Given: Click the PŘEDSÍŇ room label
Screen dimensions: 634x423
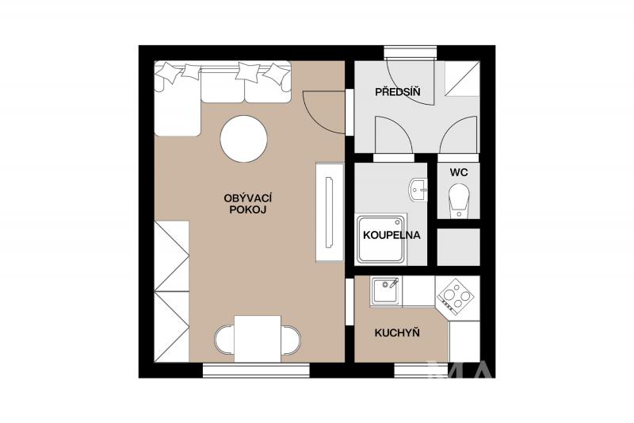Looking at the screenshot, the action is pyautogui.click(x=398, y=91).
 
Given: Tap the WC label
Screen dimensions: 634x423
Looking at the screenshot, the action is pyautogui.click(x=459, y=172).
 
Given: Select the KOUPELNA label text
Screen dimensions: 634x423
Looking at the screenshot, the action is pyautogui.click(x=391, y=235).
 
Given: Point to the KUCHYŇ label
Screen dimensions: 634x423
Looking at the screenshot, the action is pyautogui.click(x=397, y=333).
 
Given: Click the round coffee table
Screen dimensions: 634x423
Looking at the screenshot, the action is pyautogui.click(x=244, y=139).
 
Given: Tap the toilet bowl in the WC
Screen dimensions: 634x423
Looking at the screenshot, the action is pyautogui.click(x=459, y=200).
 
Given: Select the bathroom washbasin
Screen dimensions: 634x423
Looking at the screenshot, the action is pyautogui.click(x=418, y=190).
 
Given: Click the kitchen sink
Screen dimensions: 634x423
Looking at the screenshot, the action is pyautogui.click(x=386, y=291).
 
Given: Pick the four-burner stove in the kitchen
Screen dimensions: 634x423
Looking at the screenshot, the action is pyautogui.click(x=456, y=297).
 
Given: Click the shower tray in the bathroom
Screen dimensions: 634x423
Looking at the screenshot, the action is pyautogui.click(x=380, y=239).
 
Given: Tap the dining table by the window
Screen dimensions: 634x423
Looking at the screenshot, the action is pyautogui.click(x=258, y=339).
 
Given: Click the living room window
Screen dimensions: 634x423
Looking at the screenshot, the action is pyautogui.click(x=256, y=371).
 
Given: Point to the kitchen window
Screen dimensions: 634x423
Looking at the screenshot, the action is pyautogui.click(x=422, y=371).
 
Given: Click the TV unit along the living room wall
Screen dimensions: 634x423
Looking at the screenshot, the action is pyautogui.click(x=330, y=212).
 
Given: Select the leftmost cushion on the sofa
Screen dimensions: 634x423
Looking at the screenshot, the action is pyautogui.click(x=170, y=72).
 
